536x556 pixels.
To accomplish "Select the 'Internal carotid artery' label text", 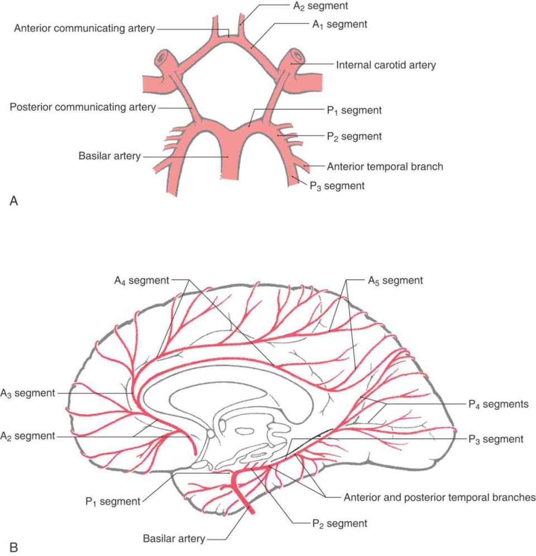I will (x=386, y=65).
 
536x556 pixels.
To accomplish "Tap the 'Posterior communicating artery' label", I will (x=83, y=107).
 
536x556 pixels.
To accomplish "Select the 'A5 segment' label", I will (x=395, y=281).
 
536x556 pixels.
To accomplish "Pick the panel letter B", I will (x=14, y=547).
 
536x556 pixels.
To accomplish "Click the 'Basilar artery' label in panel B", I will (x=174, y=539).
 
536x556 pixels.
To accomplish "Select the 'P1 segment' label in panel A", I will (x=354, y=110).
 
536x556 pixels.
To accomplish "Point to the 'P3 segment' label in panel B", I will (x=495, y=439).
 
